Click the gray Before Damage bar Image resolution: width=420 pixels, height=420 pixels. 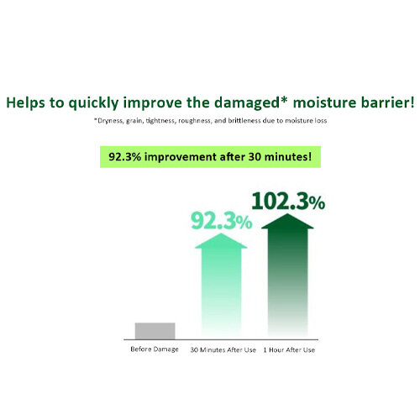[x=155, y=331]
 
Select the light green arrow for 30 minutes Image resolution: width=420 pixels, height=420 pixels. [x=221, y=284]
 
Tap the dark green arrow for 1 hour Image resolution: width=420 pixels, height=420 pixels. [x=287, y=275]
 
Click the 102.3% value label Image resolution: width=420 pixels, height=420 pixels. [x=288, y=202]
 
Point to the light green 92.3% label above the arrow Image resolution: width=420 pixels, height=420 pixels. [x=222, y=221]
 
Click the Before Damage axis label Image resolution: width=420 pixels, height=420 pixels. [x=155, y=349]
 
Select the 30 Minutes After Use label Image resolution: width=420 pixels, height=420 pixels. [x=223, y=349]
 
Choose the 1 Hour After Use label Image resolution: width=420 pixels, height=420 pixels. [x=289, y=349]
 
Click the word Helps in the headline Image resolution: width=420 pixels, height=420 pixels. [x=25, y=102]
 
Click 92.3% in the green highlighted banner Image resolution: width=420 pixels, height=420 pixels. [x=125, y=157]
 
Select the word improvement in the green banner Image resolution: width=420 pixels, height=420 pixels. [x=181, y=157]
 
